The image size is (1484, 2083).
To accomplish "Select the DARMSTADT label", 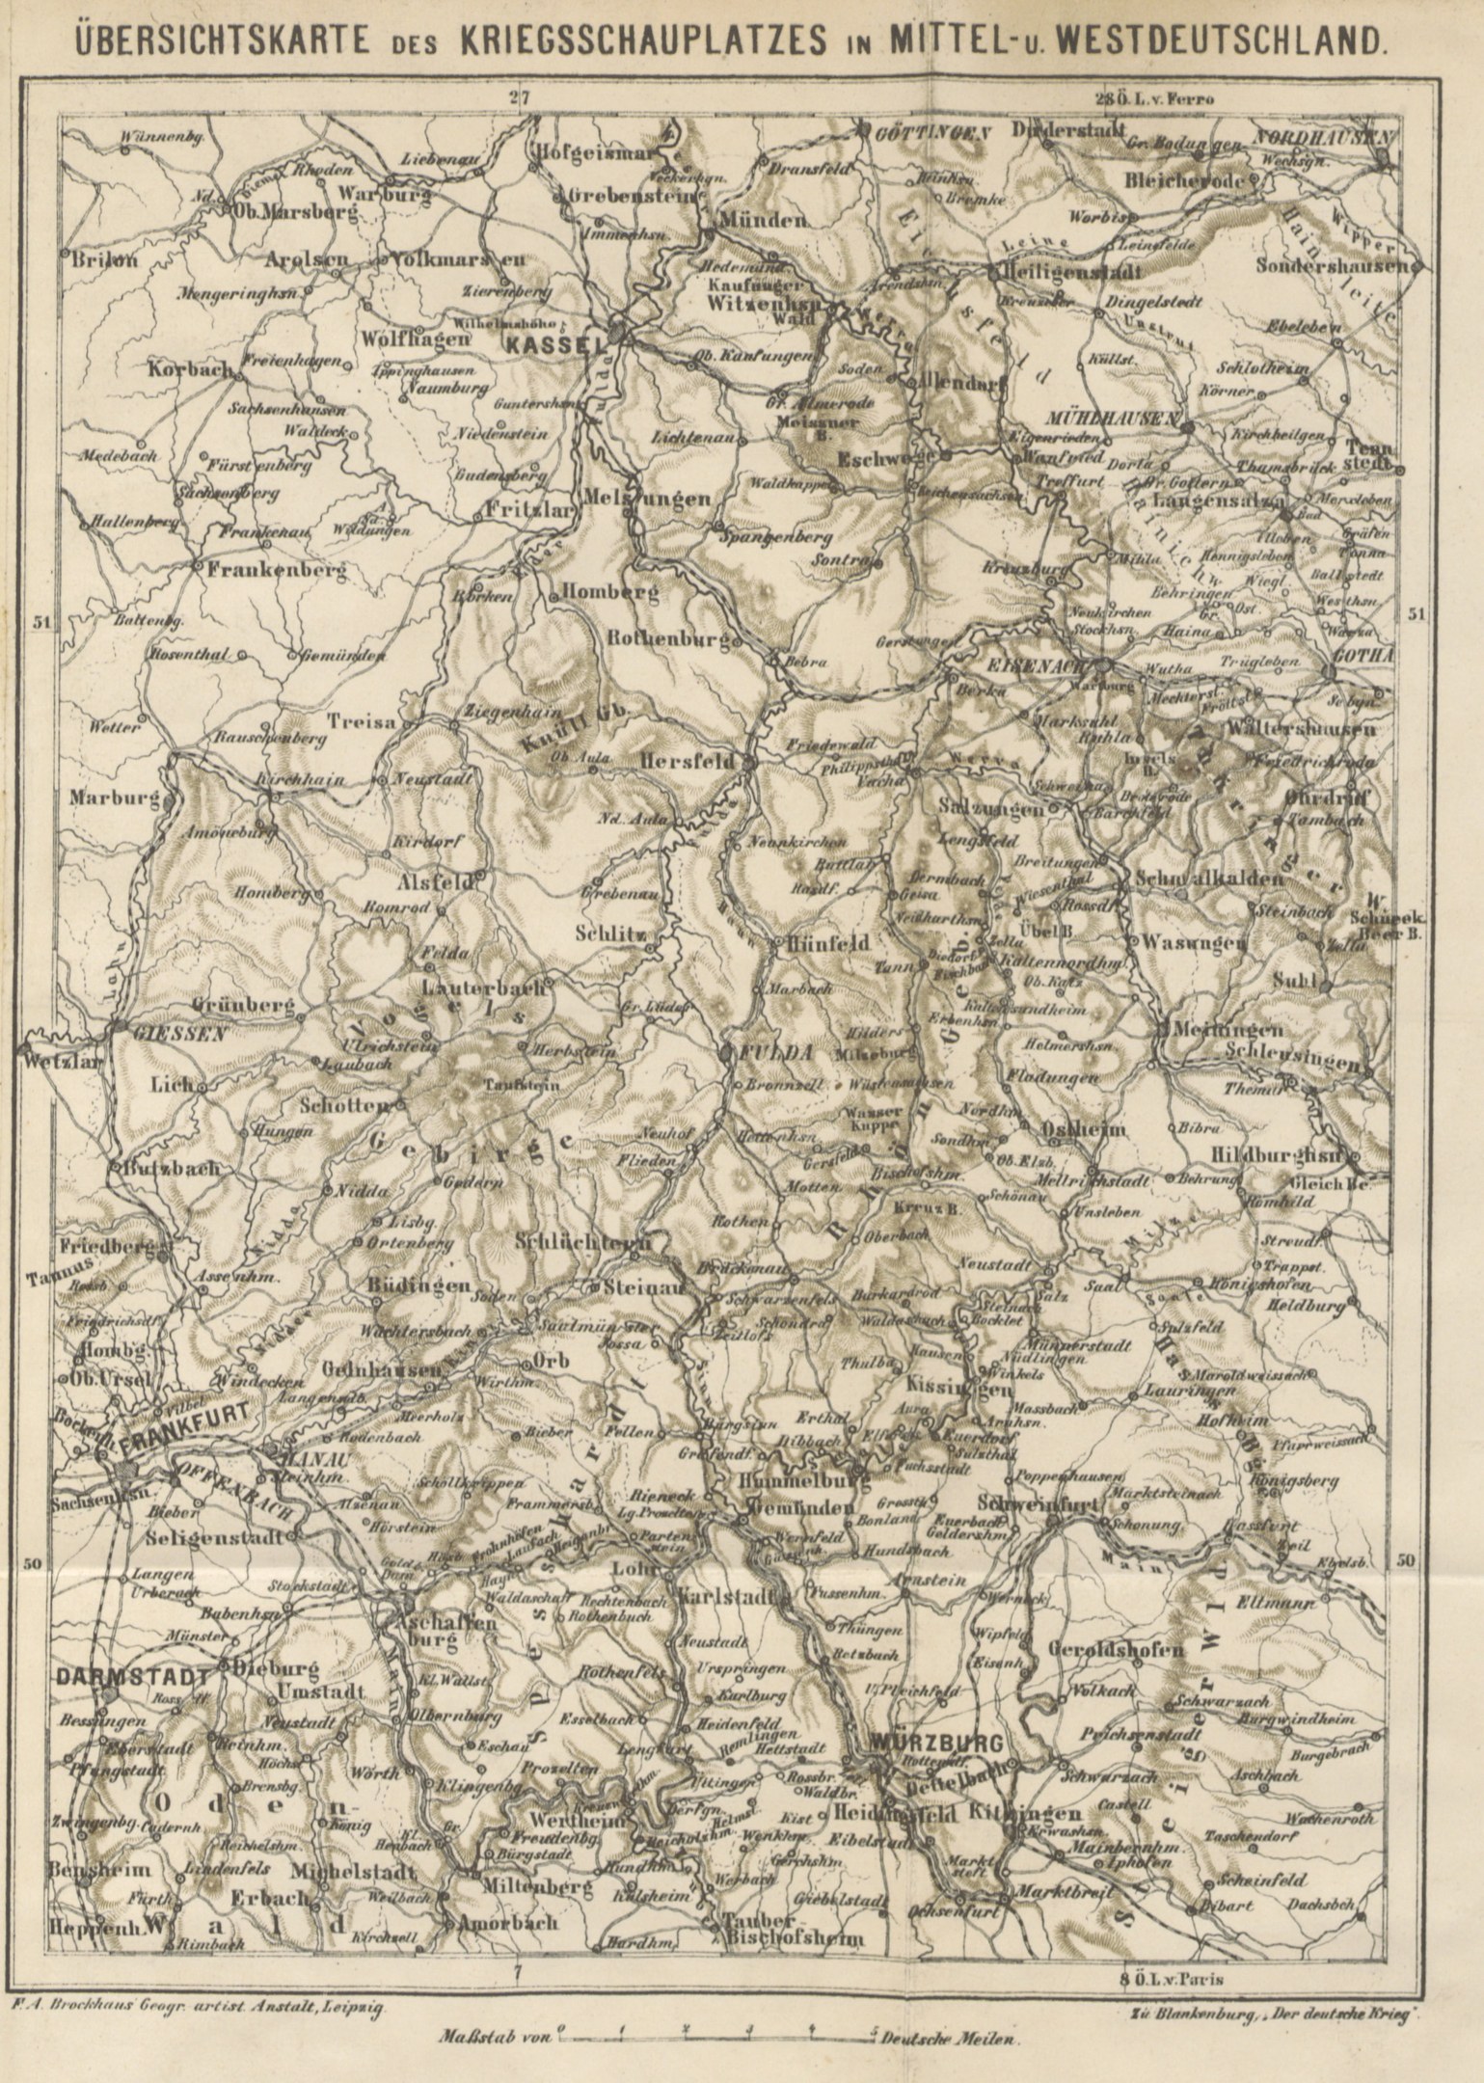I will click(x=131, y=1677).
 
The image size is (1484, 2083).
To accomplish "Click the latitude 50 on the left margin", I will click(x=32, y=1564).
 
